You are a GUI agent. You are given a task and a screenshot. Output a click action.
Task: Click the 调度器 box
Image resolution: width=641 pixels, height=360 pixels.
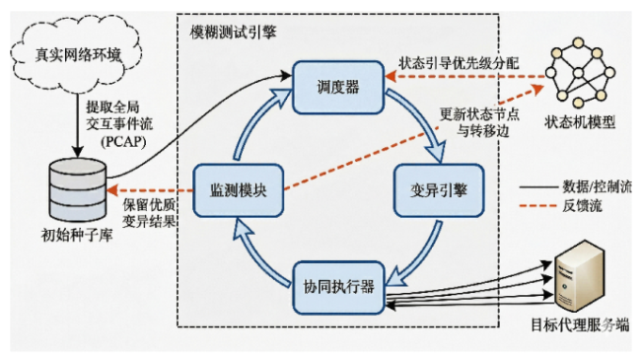[x=338, y=87]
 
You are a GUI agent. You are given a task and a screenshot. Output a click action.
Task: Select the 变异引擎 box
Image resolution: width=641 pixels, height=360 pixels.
[x=439, y=190]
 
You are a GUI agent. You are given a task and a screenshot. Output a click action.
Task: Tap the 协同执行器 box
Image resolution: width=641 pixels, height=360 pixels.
[x=339, y=288]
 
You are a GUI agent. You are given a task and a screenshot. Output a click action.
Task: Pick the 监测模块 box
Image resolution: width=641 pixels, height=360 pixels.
[x=239, y=190]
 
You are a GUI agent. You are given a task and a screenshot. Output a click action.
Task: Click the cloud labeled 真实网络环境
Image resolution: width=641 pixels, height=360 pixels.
[x=77, y=54]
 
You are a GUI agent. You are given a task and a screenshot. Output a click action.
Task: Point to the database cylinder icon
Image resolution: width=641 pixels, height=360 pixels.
[x=78, y=189]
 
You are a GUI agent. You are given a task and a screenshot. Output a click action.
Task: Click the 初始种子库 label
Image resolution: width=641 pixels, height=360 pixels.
[x=77, y=235]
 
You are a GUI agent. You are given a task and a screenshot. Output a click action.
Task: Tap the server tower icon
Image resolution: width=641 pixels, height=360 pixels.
[x=580, y=276]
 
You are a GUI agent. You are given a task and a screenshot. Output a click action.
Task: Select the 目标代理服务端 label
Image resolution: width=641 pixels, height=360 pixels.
[x=580, y=325]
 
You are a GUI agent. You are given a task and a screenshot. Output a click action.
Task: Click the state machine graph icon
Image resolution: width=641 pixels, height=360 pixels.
[x=579, y=72]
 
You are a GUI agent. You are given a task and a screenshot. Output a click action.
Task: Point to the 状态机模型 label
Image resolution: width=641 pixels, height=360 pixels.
[x=580, y=122]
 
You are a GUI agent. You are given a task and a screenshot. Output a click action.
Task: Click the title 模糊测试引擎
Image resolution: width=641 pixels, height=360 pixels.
[x=233, y=33]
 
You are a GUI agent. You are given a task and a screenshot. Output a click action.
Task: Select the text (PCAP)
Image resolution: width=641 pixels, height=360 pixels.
[x=123, y=142]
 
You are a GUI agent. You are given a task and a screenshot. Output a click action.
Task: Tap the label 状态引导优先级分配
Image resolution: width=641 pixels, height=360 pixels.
[x=459, y=63]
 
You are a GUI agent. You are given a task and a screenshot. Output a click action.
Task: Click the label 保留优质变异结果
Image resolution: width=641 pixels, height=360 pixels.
[x=149, y=213]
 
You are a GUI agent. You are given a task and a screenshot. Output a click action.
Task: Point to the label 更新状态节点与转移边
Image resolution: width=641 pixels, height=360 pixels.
[x=479, y=122]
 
